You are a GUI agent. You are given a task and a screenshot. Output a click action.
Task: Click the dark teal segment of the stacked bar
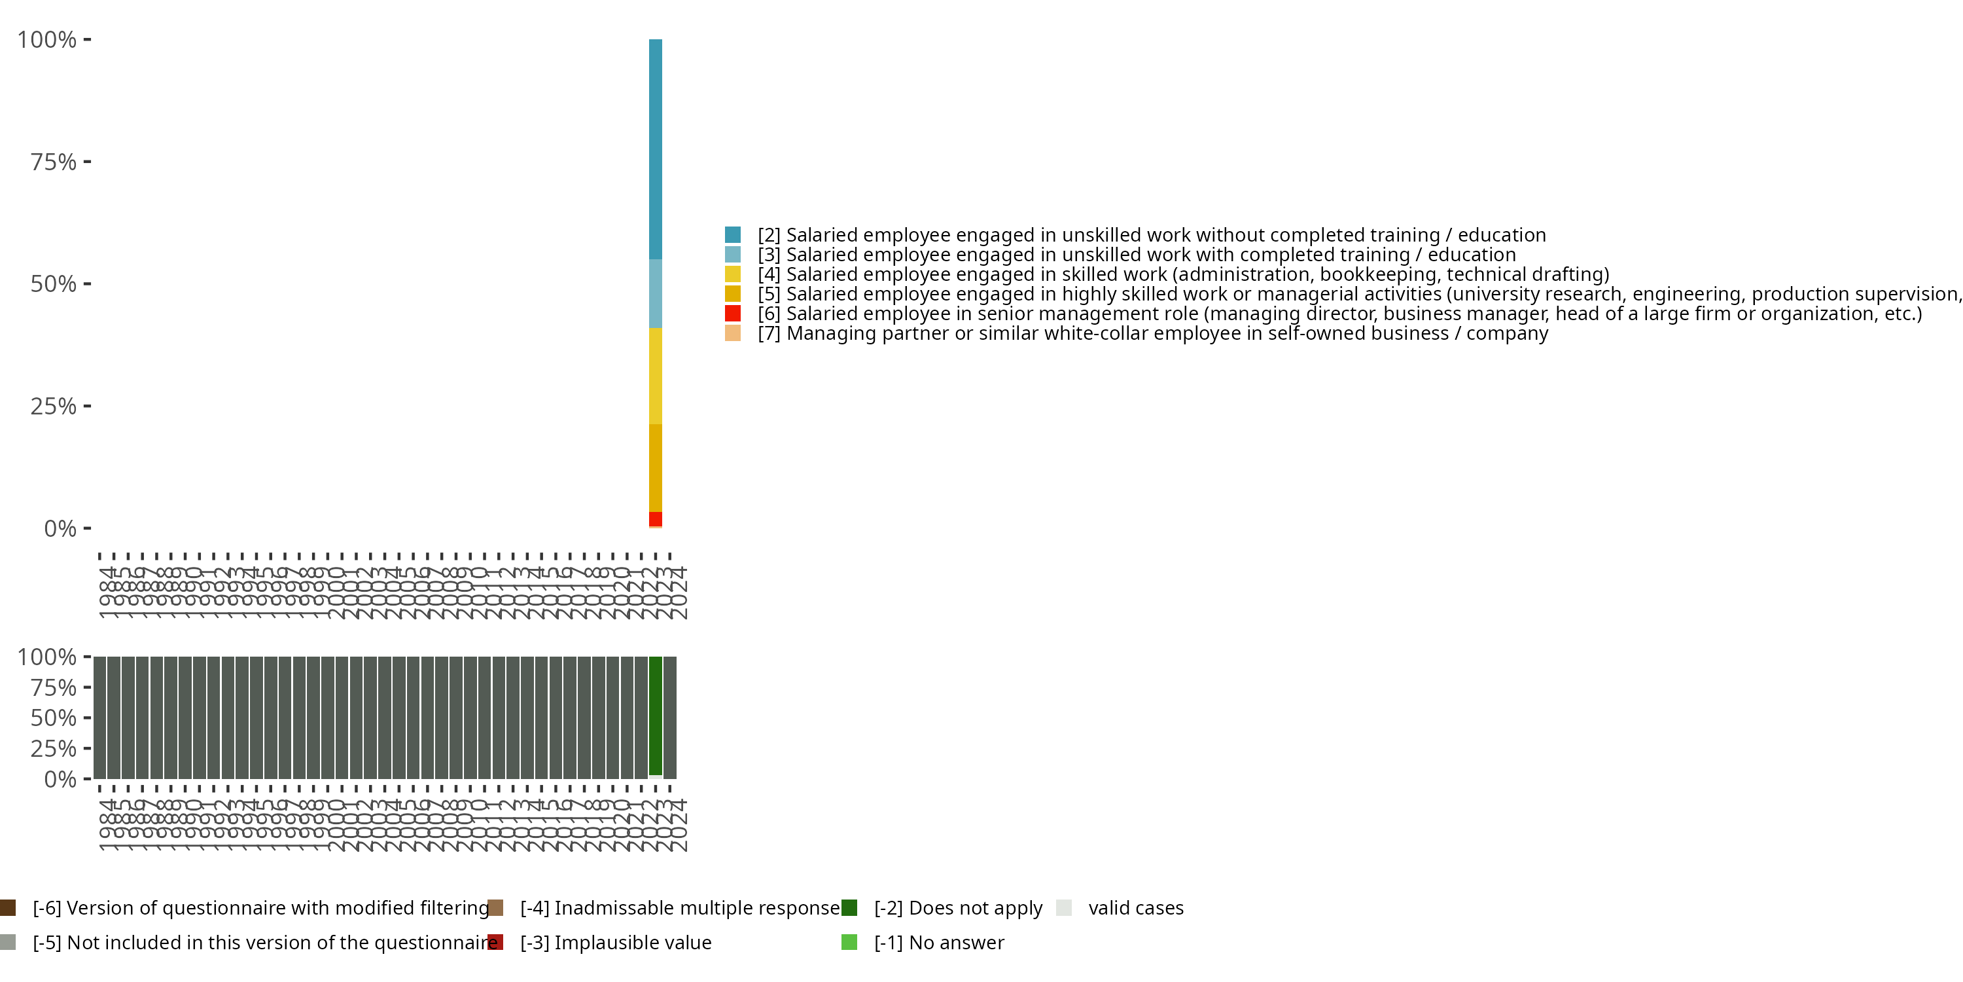(x=656, y=149)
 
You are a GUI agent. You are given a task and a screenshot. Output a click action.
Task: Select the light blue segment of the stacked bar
(x=656, y=293)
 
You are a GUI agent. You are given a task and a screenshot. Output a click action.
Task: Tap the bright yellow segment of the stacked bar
(x=656, y=376)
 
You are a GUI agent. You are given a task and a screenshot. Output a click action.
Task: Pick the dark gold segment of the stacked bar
(x=656, y=467)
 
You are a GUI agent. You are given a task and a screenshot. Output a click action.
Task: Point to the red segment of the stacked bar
(x=656, y=518)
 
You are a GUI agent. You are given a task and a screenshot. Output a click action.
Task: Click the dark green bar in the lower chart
(x=656, y=715)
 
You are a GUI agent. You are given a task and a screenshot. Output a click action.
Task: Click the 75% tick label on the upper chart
(x=54, y=162)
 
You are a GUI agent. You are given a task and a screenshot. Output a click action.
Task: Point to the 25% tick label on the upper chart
(x=54, y=407)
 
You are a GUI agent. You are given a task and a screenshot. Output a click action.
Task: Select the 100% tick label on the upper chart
(x=47, y=40)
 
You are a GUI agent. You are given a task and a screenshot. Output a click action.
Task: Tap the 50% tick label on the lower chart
(x=54, y=718)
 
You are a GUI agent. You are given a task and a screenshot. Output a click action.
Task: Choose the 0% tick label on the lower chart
(x=60, y=779)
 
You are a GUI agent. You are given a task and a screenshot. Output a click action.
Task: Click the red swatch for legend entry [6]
(x=732, y=314)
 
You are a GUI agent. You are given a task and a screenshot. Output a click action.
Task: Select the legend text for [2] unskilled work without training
(x=1152, y=235)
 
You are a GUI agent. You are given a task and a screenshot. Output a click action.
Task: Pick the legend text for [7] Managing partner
(x=1152, y=333)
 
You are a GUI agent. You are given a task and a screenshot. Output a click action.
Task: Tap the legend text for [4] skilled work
(x=1182, y=274)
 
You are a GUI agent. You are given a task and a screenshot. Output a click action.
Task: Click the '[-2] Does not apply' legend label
(x=958, y=908)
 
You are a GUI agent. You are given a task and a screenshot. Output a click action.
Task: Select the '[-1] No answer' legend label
(x=939, y=942)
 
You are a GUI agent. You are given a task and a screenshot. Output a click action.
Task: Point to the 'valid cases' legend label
(x=1135, y=908)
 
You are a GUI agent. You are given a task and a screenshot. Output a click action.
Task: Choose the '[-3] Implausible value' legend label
(x=616, y=942)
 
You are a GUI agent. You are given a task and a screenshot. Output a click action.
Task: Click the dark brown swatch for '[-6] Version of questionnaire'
(x=8, y=908)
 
